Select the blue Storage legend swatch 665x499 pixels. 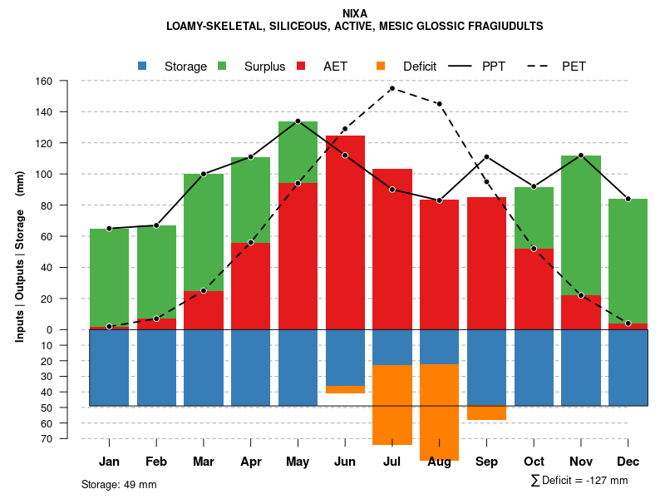143,66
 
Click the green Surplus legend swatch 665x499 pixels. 222,66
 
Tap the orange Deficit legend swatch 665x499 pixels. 381,66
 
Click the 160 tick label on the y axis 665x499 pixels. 44,82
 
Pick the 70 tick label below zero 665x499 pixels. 47,438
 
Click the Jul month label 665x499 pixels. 392,462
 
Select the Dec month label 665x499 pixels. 628,462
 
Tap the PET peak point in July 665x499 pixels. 392,88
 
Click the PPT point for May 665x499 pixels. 298,121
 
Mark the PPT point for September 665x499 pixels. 486,157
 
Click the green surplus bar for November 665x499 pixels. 581,225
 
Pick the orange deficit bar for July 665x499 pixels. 392,405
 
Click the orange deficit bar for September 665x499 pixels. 486,413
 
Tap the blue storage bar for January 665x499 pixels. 109,368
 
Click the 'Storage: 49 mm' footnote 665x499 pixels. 119,484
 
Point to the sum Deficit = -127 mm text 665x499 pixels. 579,480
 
